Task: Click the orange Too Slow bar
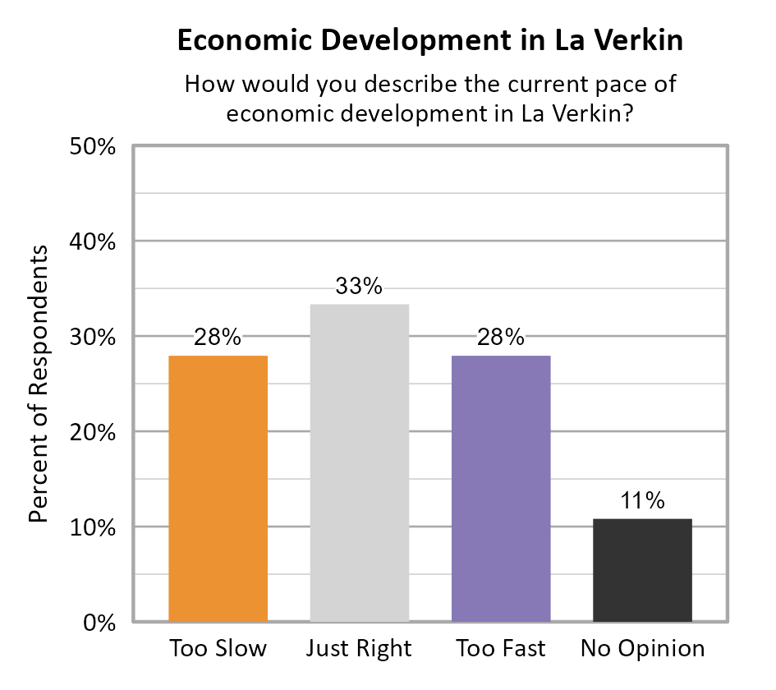[218, 488]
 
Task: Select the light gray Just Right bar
[359, 462]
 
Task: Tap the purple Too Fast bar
[501, 488]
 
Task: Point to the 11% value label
[642, 501]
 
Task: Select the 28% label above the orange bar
[218, 338]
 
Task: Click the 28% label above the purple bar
[501, 338]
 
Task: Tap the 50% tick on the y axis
[91, 147]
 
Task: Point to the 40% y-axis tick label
[91, 242]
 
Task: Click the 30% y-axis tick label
[91, 338]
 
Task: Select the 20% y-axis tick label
[91, 432]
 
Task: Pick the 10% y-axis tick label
[91, 527]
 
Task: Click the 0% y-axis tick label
[99, 623]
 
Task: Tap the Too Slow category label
[218, 649]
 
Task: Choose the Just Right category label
[359, 649]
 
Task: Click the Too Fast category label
[501, 649]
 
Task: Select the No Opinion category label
[642, 649]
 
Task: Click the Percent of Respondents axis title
[39, 384]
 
